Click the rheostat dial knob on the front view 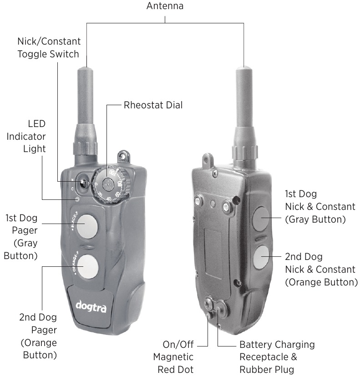(x=108, y=184)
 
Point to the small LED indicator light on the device (x=78, y=199)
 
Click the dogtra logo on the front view (x=91, y=305)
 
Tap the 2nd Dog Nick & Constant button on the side (x=261, y=258)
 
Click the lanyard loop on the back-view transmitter (x=208, y=159)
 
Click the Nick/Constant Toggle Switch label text (x=49, y=47)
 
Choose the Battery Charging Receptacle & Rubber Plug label (x=277, y=357)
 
